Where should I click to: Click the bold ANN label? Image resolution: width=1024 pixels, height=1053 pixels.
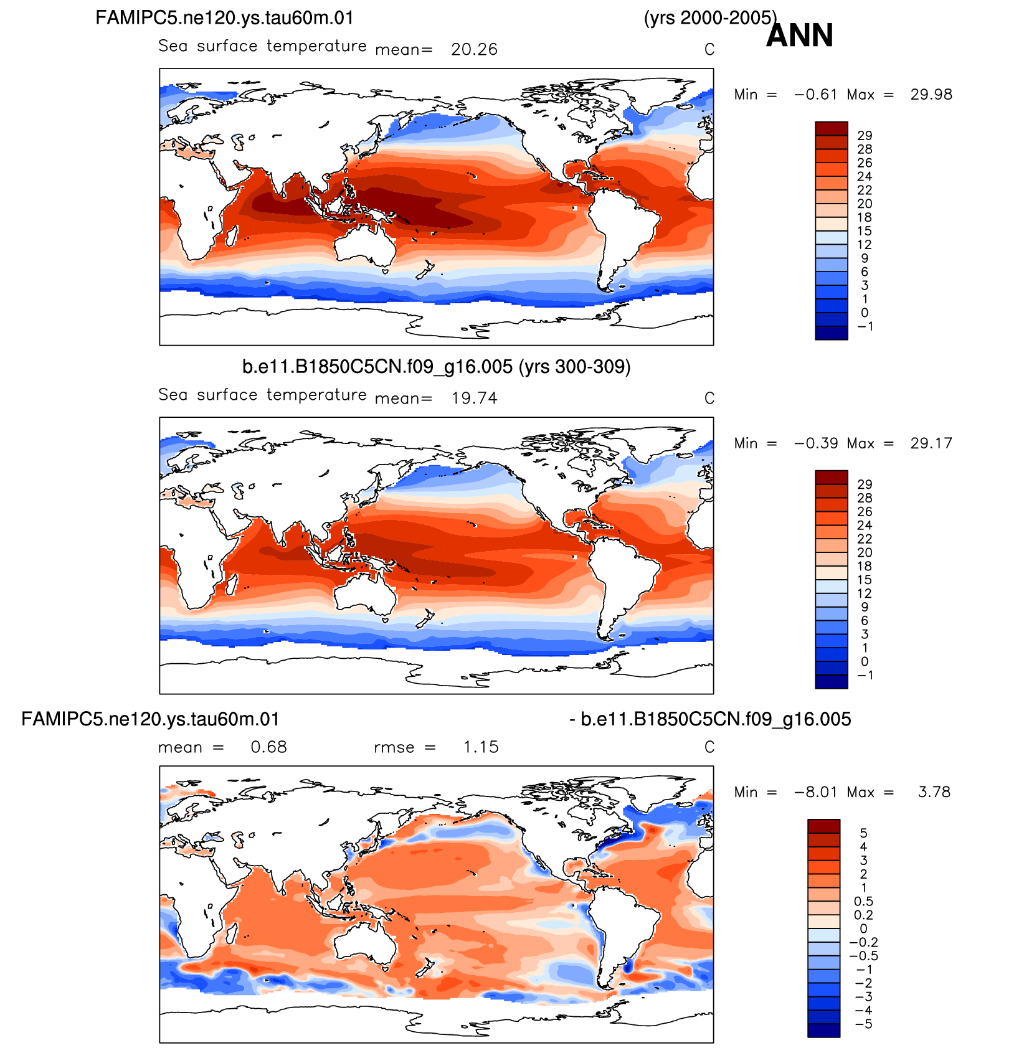799,35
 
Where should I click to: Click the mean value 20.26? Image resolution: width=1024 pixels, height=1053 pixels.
475,49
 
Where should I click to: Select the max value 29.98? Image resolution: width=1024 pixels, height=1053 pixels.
931,95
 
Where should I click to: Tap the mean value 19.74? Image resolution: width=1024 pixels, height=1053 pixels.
475,398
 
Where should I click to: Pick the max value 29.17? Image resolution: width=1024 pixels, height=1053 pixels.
931,443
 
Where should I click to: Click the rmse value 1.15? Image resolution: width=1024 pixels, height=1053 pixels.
481,747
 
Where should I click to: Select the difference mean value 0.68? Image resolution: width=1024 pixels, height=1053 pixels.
269,747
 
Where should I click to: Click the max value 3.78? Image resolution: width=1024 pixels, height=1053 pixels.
934,792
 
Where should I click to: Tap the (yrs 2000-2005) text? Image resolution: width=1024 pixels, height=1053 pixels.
710,18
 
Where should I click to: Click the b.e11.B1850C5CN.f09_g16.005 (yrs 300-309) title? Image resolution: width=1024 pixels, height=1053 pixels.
436,367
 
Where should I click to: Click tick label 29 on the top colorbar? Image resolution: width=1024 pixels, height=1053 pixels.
865,136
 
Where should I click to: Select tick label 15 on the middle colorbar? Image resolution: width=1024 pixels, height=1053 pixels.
865,580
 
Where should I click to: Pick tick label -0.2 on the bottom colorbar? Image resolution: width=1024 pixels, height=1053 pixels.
863,942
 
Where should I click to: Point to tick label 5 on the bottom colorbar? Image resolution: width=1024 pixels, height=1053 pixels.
863,833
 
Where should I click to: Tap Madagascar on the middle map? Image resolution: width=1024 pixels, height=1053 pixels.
230,585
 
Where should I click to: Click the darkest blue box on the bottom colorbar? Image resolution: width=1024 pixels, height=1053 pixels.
824,1031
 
